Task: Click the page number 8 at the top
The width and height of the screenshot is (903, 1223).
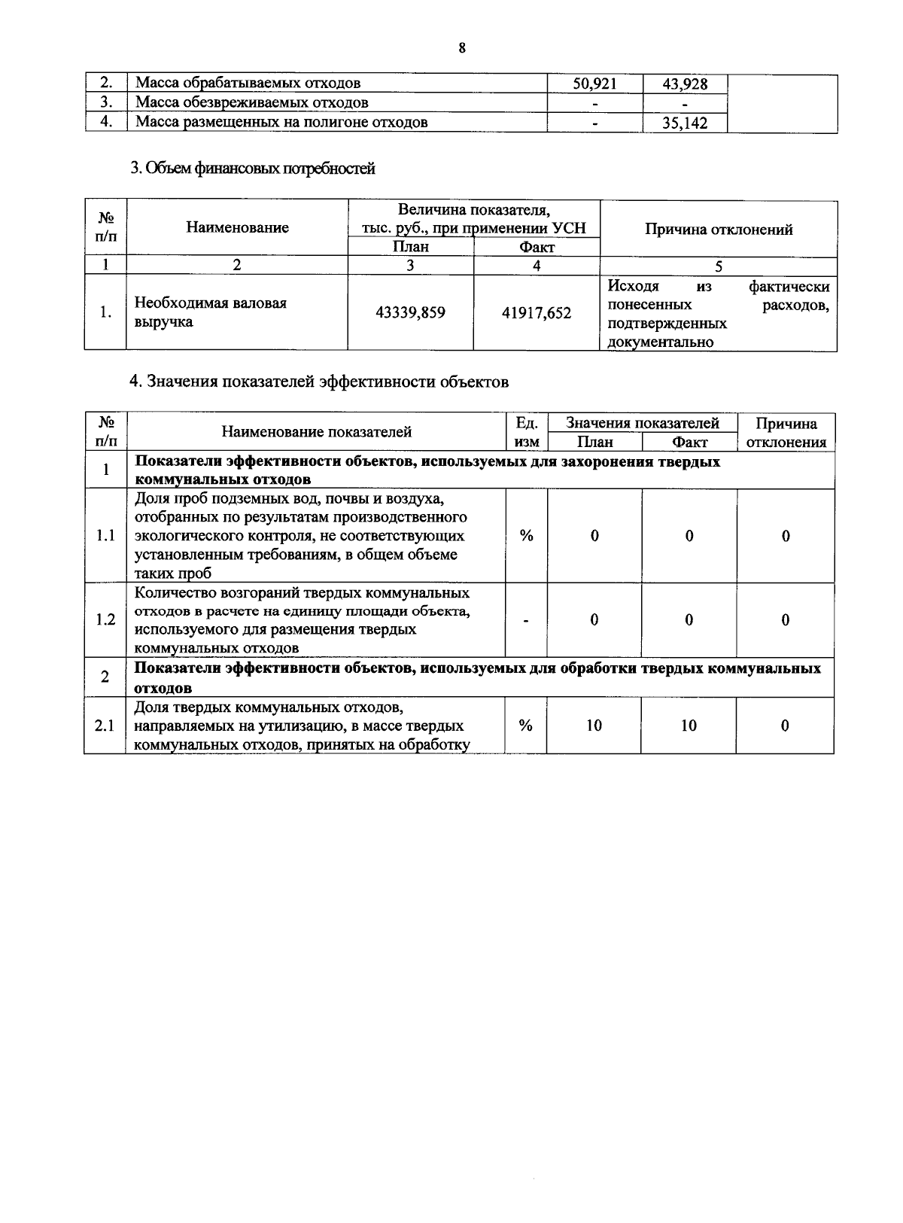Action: tap(462, 48)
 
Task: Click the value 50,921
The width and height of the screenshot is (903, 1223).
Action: tap(594, 84)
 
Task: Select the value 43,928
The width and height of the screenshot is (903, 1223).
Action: tap(685, 84)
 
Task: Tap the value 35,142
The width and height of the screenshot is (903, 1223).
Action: tap(685, 123)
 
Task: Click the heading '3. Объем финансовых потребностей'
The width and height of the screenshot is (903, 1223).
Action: tap(253, 169)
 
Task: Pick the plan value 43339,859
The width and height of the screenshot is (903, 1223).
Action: tap(410, 312)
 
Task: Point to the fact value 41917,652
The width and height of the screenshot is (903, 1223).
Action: tap(537, 312)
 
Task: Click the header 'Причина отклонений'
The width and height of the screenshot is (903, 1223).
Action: tap(719, 230)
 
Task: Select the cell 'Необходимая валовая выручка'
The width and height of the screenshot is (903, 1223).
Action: tap(210, 312)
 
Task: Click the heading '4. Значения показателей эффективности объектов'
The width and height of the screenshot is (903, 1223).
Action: tap(319, 382)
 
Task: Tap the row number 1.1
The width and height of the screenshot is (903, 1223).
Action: tap(105, 536)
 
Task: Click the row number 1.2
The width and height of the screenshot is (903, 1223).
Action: tap(105, 619)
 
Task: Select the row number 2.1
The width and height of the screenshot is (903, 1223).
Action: tap(105, 726)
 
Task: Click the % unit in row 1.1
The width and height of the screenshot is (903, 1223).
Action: tap(527, 536)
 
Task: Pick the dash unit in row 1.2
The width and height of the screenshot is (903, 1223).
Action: tap(527, 620)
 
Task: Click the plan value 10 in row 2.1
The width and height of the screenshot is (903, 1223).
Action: tap(594, 726)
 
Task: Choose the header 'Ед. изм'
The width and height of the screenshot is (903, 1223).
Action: tap(527, 433)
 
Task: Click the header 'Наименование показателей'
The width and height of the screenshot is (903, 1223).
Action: tap(316, 432)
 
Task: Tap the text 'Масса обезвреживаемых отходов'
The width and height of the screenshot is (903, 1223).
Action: tap(252, 103)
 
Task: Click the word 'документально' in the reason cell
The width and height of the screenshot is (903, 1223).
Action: tap(661, 342)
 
